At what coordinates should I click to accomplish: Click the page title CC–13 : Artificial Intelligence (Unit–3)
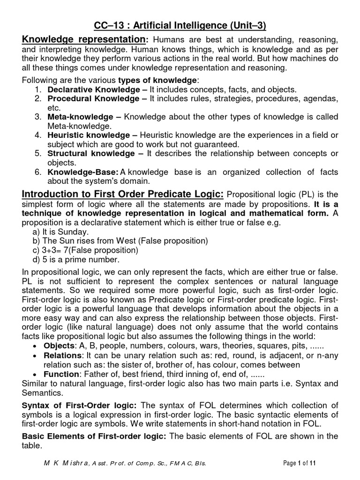pos(180,24)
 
